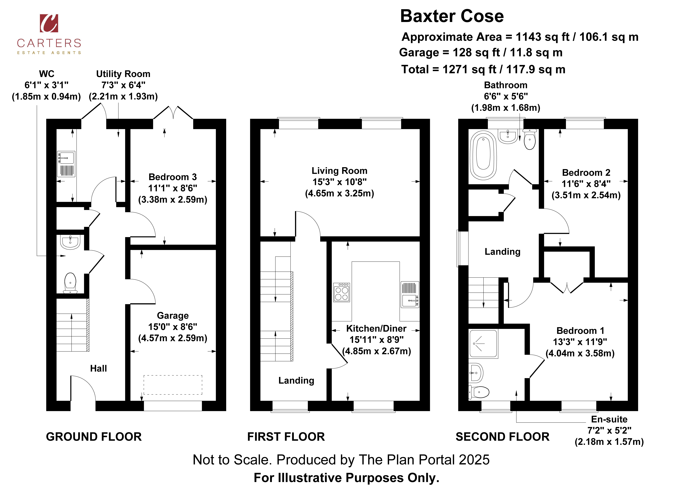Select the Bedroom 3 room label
click(172, 177)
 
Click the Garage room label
click(172, 316)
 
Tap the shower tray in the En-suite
click(483, 344)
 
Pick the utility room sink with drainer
click(66, 164)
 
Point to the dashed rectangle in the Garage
click(173, 385)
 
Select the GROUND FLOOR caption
click(94, 437)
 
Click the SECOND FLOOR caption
click(502, 437)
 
